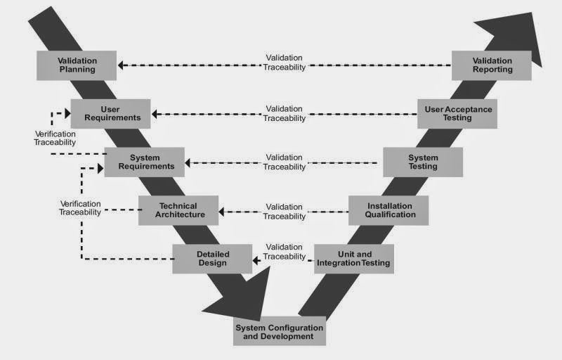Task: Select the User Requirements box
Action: click(x=110, y=114)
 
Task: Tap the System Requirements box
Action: click(x=145, y=162)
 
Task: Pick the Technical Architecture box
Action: click(x=178, y=210)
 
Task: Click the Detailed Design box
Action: click(x=212, y=258)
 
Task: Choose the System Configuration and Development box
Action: click(x=279, y=332)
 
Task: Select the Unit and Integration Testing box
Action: click(x=353, y=258)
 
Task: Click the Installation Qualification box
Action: click(x=388, y=210)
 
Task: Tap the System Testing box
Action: click(x=423, y=162)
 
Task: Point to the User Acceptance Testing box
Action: click(x=457, y=114)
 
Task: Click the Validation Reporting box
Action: click(x=492, y=65)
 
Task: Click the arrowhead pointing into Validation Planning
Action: click(x=122, y=65)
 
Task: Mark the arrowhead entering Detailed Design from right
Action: click(x=257, y=261)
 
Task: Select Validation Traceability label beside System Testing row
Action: click(x=285, y=162)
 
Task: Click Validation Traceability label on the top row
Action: click(x=285, y=63)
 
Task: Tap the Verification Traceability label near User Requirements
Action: click(x=55, y=138)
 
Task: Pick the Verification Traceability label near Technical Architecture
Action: click(x=79, y=207)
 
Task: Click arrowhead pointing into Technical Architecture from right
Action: click(x=223, y=211)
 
